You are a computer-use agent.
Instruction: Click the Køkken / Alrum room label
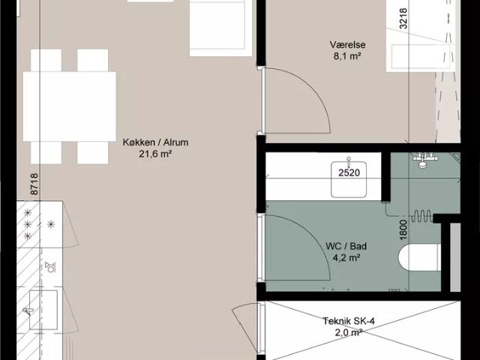(155, 142)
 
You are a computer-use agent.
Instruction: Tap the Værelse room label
(347, 45)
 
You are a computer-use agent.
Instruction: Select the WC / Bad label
(346, 246)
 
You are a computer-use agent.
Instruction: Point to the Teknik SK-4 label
(349, 321)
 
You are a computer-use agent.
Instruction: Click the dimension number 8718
(34, 184)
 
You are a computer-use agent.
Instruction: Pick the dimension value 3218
(403, 19)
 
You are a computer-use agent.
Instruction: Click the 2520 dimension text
(349, 173)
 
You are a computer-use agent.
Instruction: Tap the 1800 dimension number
(403, 229)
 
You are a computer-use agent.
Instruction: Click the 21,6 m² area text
(155, 154)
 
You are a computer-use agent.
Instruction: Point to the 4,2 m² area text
(346, 258)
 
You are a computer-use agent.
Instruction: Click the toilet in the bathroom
(419, 257)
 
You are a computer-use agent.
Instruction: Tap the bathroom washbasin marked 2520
(349, 179)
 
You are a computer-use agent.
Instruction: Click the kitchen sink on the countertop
(43, 310)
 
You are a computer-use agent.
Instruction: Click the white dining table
(70, 106)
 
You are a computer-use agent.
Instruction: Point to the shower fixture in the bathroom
(424, 160)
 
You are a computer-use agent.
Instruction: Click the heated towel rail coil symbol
(421, 216)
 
